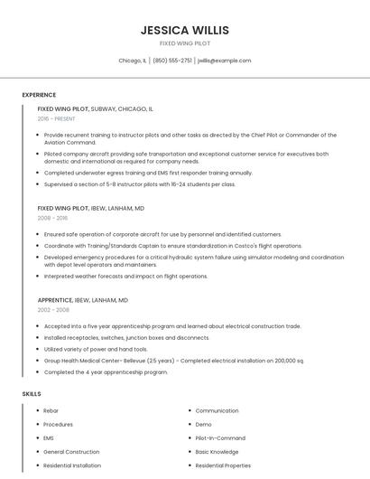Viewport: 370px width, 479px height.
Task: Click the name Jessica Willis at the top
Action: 185,30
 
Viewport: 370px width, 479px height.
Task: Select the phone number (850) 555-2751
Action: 172,61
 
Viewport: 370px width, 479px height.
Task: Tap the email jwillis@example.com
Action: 224,61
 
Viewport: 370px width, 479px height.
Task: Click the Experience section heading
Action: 39,95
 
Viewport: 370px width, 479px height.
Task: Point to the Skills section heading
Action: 32,394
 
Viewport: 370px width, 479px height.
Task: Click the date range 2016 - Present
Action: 57,118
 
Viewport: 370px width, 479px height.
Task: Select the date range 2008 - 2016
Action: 52,218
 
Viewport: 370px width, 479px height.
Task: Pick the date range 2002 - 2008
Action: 52,309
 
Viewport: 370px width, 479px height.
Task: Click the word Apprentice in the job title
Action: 56,299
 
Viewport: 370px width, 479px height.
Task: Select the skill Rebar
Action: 51,410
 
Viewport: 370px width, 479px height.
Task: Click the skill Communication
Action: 217,410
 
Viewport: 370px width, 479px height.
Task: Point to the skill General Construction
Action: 71,451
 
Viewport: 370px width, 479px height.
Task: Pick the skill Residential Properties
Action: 223,465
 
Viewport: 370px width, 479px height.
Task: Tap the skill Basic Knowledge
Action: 217,451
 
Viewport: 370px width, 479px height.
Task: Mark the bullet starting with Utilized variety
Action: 96,349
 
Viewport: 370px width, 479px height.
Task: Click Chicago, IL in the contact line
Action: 133,61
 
